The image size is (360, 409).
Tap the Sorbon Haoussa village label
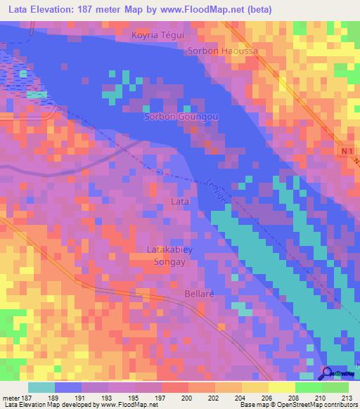click(x=223, y=51)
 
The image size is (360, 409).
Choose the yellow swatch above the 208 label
click(x=281, y=387)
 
